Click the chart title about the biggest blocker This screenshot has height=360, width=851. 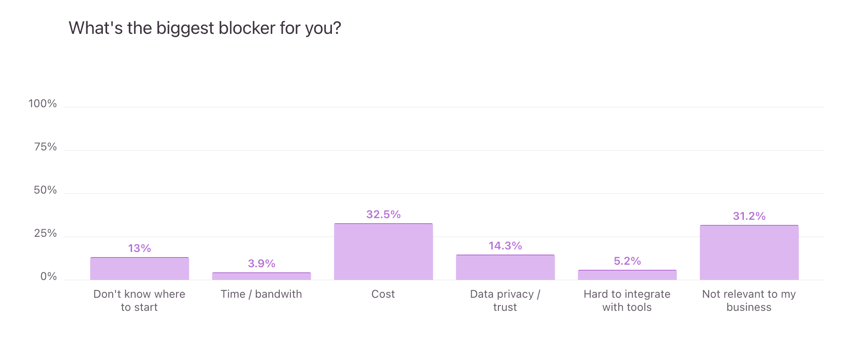click(205, 28)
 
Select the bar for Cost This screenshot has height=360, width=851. click(383, 252)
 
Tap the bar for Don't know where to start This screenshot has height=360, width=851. click(139, 269)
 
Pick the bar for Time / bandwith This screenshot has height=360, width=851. click(261, 276)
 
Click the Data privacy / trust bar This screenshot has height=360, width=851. click(505, 267)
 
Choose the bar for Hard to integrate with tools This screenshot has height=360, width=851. click(627, 275)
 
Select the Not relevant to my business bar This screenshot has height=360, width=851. click(749, 252)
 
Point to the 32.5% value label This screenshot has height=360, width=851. click(383, 214)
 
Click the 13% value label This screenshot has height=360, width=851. click(139, 248)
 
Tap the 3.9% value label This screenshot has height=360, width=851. click(261, 263)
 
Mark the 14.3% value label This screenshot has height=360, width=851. click(505, 246)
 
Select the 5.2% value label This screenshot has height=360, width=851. click(627, 261)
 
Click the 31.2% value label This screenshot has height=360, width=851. click(749, 216)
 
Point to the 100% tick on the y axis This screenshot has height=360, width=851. click(42, 104)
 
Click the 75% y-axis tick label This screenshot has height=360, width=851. click(45, 147)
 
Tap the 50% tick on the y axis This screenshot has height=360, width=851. click(45, 190)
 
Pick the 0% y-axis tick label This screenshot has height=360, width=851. click(48, 277)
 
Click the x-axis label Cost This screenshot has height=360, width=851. click(383, 294)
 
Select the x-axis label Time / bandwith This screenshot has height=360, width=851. click(261, 294)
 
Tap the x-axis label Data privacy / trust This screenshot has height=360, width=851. click(505, 300)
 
